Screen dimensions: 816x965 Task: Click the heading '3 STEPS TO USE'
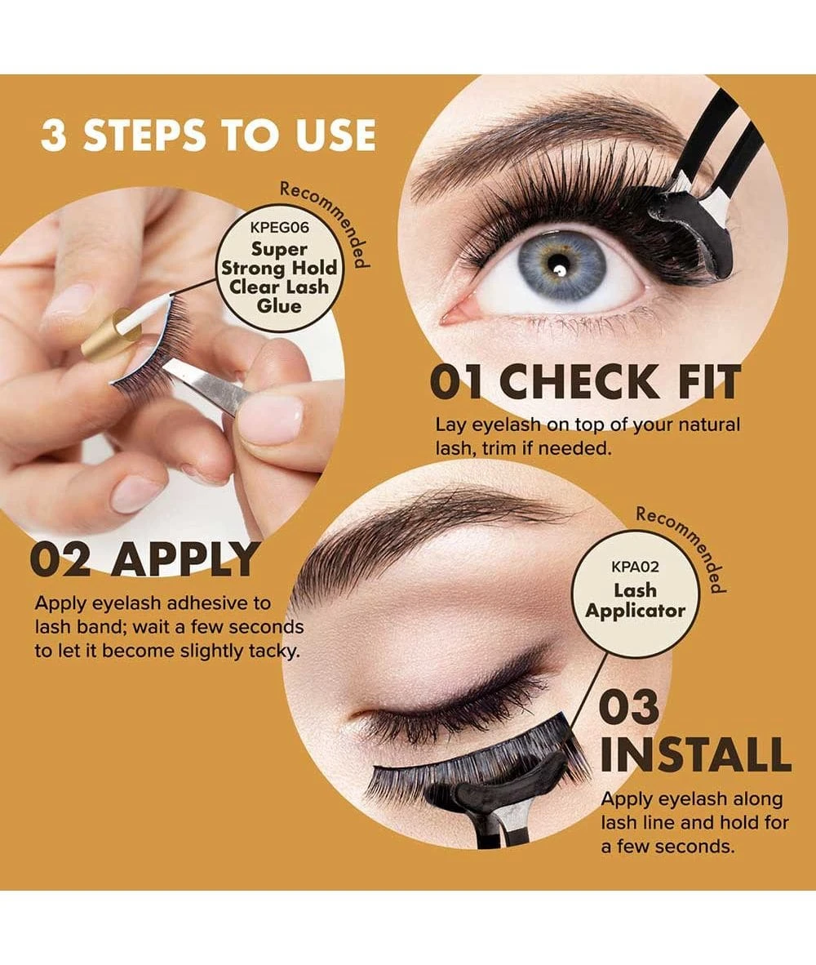[208, 135]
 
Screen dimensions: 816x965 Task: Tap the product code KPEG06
[280, 228]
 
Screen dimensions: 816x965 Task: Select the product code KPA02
[635, 567]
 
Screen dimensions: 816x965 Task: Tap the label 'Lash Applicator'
[635, 600]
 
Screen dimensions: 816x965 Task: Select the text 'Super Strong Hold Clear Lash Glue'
[280, 278]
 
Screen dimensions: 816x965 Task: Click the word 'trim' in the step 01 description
[500, 449]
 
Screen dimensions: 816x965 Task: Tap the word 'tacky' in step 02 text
[275, 652]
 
